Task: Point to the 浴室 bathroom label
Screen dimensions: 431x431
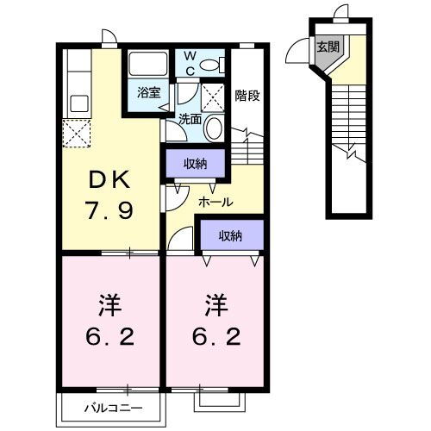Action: pos(147,92)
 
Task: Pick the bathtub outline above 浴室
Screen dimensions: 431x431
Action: pos(148,65)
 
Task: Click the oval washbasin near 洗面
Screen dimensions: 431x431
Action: pos(213,127)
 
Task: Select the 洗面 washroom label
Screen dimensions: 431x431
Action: pos(191,118)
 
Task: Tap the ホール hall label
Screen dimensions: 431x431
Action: pos(215,202)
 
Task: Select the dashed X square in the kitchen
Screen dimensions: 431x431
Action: pos(75,134)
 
